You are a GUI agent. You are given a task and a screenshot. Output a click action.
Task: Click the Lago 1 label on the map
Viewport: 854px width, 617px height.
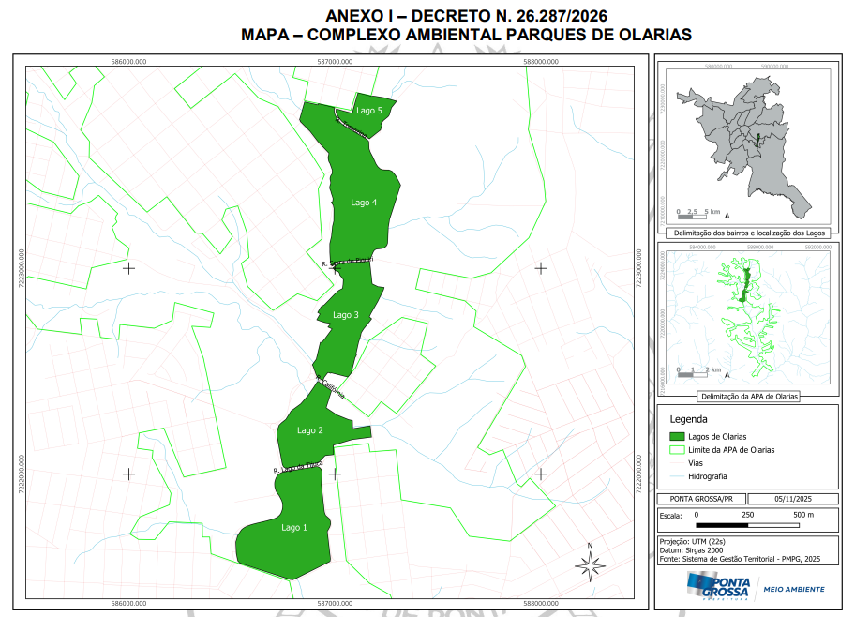click(x=293, y=528)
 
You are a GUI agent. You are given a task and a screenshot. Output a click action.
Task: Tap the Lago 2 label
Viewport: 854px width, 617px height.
click(x=309, y=430)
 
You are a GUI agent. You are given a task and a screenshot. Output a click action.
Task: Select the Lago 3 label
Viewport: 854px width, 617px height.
click(x=345, y=315)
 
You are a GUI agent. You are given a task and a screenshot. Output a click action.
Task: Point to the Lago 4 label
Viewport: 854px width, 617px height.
click(x=364, y=203)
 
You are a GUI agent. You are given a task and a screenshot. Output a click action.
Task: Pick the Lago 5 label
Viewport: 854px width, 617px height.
click(x=368, y=111)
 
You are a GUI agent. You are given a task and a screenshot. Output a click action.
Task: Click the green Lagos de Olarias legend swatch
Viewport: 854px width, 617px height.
click(x=674, y=437)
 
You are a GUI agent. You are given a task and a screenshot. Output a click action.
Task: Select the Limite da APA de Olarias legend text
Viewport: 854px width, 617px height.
click(x=731, y=450)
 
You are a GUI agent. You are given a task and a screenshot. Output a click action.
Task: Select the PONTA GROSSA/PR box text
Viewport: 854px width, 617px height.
click(x=696, y=499)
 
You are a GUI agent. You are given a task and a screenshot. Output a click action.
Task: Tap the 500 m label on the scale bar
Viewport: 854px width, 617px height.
click(x=803, y=516)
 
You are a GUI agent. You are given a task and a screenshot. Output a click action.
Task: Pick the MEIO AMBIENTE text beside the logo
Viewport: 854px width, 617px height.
click(x=793, y=589)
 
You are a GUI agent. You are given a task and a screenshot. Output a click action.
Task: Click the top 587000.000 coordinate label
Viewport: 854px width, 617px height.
click(x=335, y=62)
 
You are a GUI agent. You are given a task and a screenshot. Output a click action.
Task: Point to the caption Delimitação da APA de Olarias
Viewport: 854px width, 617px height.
click(x=747, y=397)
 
